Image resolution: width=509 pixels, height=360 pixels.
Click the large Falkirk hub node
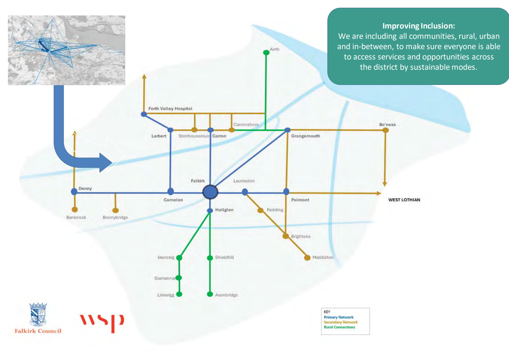[x=210, y=192]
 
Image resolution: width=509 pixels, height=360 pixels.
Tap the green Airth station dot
[x=266, y=52]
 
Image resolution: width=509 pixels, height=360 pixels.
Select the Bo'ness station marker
[x=386, y=130]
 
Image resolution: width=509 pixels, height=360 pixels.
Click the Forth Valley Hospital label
[x=170, y=109]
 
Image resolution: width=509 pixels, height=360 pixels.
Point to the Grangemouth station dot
[x=288, y=130]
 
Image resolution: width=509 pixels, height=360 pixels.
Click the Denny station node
[x=74, y=191]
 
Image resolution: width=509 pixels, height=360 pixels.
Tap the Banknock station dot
[x=75, y=209]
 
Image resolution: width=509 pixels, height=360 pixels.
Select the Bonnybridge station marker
[x=116, y=210]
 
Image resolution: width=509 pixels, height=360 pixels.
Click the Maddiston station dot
[x=307, y=257]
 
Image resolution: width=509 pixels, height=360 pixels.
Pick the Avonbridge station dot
[x=210, y=294]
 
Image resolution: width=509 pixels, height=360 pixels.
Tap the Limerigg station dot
[x=179, y=294]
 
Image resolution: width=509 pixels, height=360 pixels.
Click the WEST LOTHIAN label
[x=404, y=200]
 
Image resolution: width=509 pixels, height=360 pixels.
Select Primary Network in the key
[x=339, y=317]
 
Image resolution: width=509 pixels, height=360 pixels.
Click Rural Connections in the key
[x=339, y=327]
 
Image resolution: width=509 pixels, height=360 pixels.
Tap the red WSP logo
[x=102, y=322]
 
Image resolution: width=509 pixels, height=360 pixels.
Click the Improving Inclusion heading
[x=419, y=26]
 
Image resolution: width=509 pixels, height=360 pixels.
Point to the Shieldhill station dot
[x=210, y=258]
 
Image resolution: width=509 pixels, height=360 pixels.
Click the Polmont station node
[x=286, y=191]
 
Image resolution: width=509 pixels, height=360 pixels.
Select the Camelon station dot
[x=171, y=191]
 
